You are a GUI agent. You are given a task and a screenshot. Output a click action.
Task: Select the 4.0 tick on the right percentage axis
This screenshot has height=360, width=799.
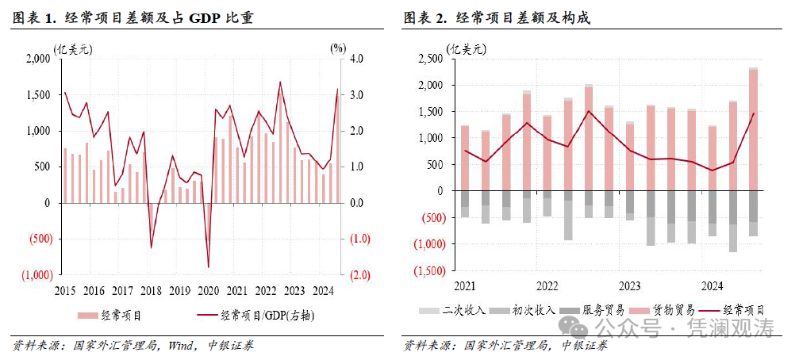[358, 59]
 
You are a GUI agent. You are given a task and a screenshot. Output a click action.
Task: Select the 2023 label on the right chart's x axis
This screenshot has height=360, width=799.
[629, 285]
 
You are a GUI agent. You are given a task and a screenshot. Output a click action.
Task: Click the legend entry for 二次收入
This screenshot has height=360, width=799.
[455, 309]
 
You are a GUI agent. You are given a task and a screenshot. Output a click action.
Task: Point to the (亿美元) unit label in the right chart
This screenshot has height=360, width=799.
[467, 48]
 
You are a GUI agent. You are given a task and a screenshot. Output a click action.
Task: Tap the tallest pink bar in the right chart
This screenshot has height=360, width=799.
[753, 131]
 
